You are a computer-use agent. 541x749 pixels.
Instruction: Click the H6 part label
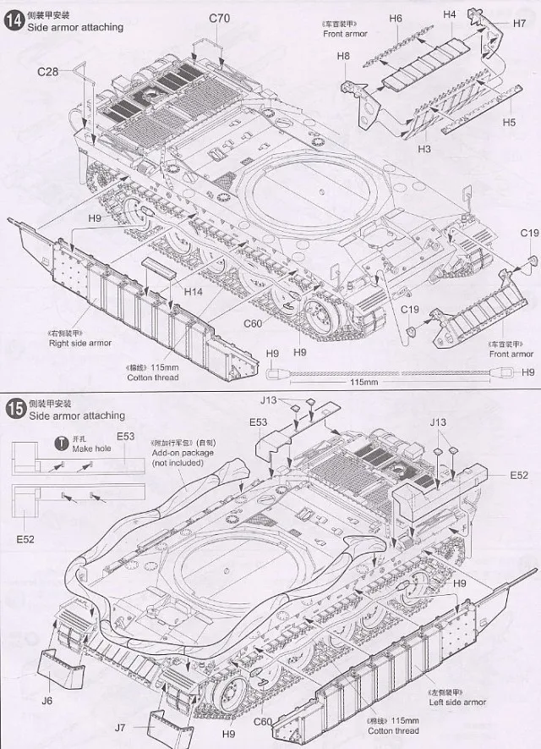396,18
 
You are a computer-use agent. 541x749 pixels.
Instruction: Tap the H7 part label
518,23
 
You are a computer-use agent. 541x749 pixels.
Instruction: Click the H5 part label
508,122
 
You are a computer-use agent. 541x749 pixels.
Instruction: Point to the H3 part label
424,149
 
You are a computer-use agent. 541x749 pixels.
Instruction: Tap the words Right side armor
80,343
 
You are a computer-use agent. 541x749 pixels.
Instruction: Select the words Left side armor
457,702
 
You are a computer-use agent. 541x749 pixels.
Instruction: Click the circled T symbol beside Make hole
61,443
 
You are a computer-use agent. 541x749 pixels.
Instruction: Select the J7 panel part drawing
168,725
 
